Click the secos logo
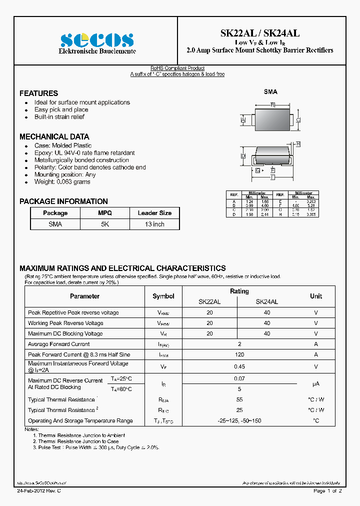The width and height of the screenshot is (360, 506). click(x=97, y=40)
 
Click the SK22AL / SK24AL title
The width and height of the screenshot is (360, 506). click(x=260, y=33)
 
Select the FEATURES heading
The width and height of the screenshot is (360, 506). click(x=38, y=93)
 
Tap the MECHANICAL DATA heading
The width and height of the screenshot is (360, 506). click(x=54, y=136)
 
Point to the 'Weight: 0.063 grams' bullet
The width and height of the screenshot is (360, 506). click(x=62, y=182)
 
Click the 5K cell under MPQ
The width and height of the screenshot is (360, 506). click(x=105, y=224)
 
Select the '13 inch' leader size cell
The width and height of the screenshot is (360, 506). click(x=154, y=224)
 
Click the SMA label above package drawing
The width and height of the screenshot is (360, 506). click(x=270, y=92)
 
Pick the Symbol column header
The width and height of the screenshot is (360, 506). click(x=163, y=296)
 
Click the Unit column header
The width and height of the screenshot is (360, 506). click(x=316, y=296)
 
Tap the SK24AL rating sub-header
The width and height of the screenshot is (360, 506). click(x=267, y=302)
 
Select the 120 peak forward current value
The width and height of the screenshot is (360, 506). click(x=239, y=354)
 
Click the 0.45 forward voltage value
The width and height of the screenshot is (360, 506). click(x=239, y=366)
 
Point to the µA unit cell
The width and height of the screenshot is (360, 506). click(x=316, y=383)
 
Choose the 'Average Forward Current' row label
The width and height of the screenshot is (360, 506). click(x=59, y=344)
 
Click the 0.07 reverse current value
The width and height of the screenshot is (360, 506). click(x=239, y=379)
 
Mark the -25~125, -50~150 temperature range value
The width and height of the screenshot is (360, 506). click(x=239, y=421)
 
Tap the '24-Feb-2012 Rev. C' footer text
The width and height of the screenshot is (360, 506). click(x=38, y=491)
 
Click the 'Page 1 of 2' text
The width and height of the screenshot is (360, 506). click(x=327, y=491)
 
